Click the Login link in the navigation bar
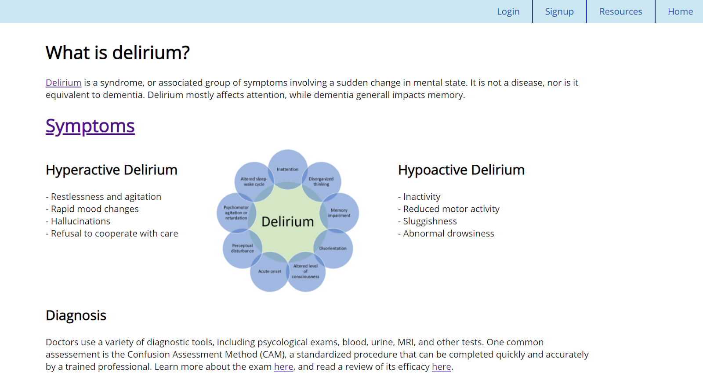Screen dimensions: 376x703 coord(508,12)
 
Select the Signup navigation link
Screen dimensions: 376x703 coord(559,12)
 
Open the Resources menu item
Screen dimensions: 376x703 coord(620,12)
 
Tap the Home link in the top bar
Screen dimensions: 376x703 coord(680,12)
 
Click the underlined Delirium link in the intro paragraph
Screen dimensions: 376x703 coord(63,83)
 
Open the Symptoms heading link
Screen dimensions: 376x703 coord(90,126)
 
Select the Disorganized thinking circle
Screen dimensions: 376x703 coord(321,181)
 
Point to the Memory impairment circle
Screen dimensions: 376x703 coord(339,213)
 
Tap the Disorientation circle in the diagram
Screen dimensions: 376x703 coord(333,248)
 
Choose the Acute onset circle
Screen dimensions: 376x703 coord(269,271)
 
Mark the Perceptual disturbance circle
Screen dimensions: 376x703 coord(243,248)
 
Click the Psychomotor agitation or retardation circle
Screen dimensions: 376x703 coord(236,213)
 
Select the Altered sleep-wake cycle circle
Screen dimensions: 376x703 coord(254,181)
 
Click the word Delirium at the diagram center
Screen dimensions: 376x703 coord(288,222)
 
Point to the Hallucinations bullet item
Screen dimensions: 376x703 coord(80,221)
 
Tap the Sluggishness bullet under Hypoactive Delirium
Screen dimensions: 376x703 coord(430,221)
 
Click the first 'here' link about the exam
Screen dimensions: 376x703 coord(283,367)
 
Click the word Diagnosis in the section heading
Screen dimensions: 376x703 coord(76,315)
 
